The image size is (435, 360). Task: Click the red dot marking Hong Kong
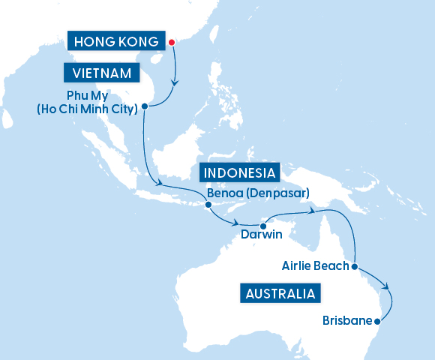pyautogui.click(x=170, y=42)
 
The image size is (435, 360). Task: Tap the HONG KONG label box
pyautogui.click(x=115, y=42)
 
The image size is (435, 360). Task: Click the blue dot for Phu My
pyautogui.click(x=143, y=106)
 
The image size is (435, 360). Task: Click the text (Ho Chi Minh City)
pyautogui.click(x=86, y=110)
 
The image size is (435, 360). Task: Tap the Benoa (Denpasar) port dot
pyautogui.click(x=208, y=204)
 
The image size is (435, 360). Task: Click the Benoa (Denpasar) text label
pyautogui.click(x=258, y=192)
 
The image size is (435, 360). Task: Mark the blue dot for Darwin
pyautogui.click(x=264, y=224)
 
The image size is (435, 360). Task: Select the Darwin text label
pyautogui.click(x=262, y=235)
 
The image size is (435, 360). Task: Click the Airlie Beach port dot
pyautogui.click(x=353, y=265)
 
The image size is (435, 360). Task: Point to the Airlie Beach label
pyautogui.click(x=315, y=265)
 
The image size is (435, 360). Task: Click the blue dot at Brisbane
pyautogui.click(x=376, y=321)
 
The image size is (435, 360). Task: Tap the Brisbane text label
pyautogui.click(x=347, y=321)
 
